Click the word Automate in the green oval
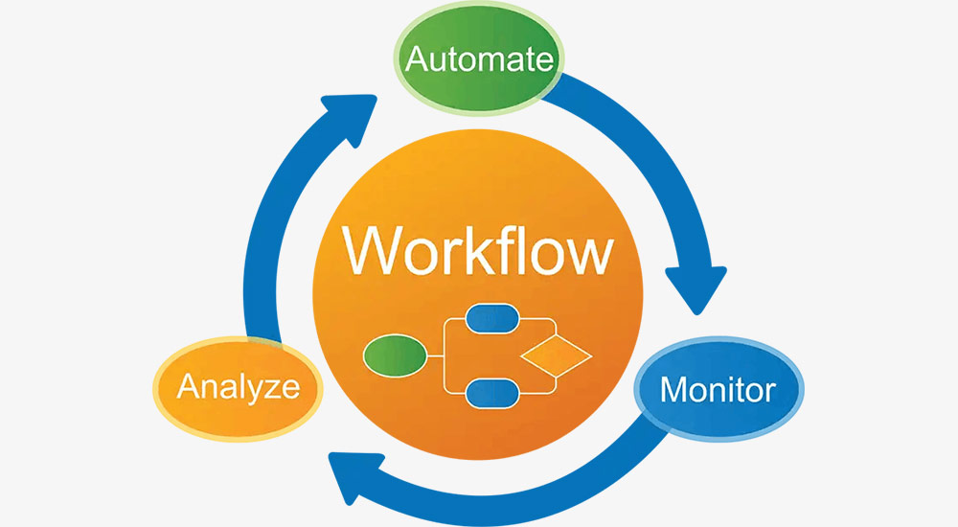pos(479,59)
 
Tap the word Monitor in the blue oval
pos(718,390)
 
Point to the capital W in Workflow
pos(376,252)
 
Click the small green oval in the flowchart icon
pos(395,356)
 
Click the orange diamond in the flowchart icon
pos(556,356)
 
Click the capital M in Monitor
pos(673,390)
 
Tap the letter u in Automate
pos(438,62)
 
